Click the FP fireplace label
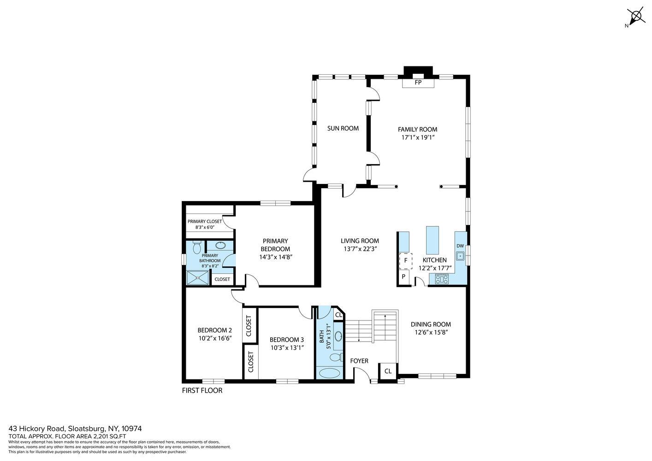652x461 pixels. click(x=418, y=83)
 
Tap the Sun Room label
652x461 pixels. click(x=343, y=128)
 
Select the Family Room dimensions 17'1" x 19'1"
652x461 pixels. click(x=418, y=137)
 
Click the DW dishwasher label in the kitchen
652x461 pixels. click(x=460, y=246)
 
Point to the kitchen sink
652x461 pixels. click(x=460, y=256)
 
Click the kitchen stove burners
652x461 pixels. click(x=442, y=279)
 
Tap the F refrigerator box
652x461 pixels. click(x=406, y=261)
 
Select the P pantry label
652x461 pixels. click(x=403, y=277)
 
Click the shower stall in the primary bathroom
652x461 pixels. click(x=198, y=278)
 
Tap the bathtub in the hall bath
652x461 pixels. click(x=330, y=373)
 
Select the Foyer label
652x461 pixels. click(x=359, y=361)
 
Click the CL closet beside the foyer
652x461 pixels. click(x=388, y=371)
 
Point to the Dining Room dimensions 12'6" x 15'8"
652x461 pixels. click(x=431, y=332)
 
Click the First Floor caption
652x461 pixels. click(x=202, y=390)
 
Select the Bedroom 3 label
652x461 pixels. click(x=287, y=340)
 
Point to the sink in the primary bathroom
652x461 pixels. click(x=220, y=245)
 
